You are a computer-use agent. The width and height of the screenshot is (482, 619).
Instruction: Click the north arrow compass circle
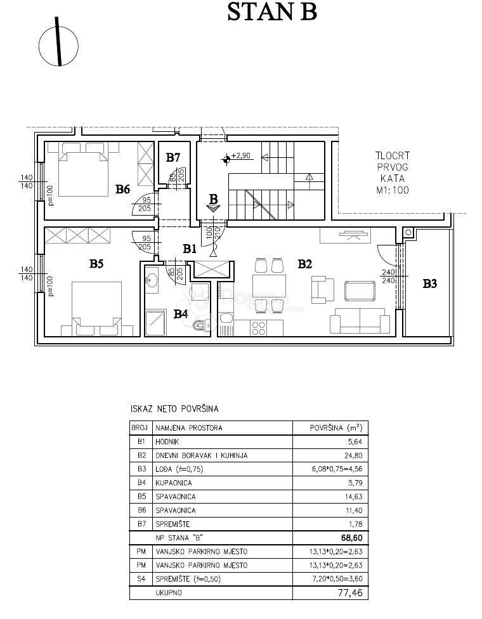[58, 45]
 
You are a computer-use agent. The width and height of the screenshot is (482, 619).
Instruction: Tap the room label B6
[123, 188]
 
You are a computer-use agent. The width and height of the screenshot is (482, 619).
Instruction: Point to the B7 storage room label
[174, 157]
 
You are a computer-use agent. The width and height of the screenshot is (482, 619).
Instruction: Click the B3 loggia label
[430, 283]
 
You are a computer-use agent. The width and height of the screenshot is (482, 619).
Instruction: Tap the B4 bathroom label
[181, 313]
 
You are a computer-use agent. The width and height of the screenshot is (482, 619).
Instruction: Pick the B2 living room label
[306, 264]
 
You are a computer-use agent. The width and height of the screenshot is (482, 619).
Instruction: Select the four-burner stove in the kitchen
[259, 327]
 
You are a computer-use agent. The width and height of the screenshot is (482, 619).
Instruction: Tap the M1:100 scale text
[391, 189]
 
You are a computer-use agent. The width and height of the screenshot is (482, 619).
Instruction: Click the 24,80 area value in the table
[346, 455]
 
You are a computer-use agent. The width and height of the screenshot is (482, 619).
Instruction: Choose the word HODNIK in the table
[169, 441]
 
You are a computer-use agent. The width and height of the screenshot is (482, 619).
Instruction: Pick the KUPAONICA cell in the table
[174, 483]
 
